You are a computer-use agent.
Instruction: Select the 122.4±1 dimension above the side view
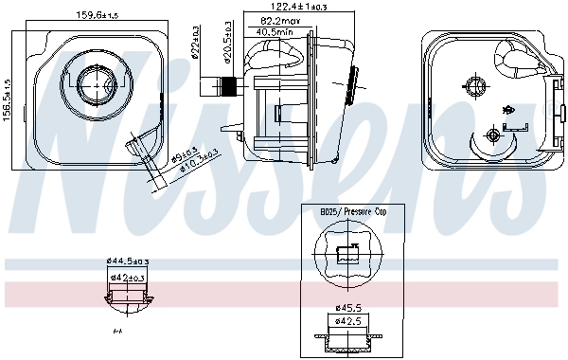tap(275, 8)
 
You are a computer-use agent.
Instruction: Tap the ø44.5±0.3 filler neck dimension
tap(129, 261)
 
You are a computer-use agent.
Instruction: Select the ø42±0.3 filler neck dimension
tap(128, 278)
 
